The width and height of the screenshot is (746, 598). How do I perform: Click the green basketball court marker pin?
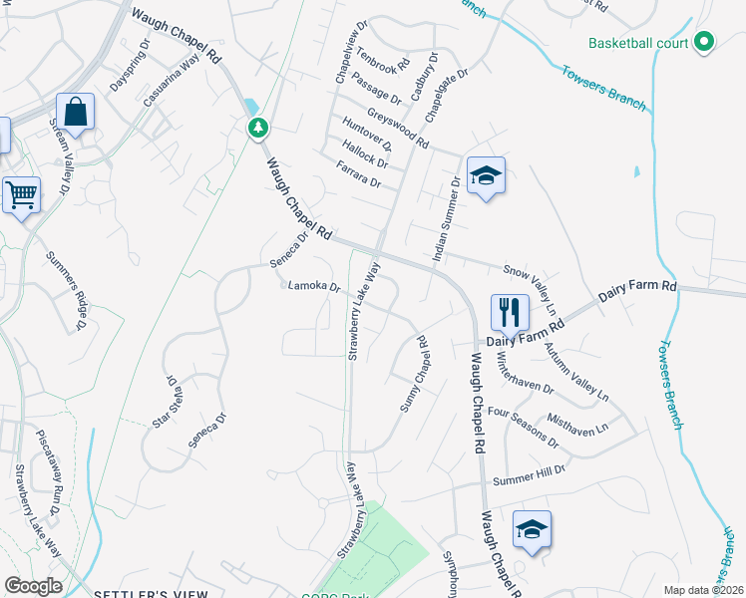click(x=704, y=42)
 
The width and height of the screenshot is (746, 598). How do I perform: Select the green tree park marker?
click(x=258, y=128)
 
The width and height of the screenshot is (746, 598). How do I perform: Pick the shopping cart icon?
click(x=20, y=193)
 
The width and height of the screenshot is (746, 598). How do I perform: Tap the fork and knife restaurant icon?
click(x=509, y=311)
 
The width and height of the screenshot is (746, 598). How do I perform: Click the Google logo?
click(x=33, y=586)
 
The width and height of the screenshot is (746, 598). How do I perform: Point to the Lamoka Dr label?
click(x=314, y=287)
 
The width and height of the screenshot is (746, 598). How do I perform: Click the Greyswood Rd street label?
click(x=397, y=129)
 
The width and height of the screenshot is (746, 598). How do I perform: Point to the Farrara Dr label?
click(x=360, y=176)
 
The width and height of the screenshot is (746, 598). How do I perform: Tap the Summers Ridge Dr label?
click(x=65, y=289)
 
